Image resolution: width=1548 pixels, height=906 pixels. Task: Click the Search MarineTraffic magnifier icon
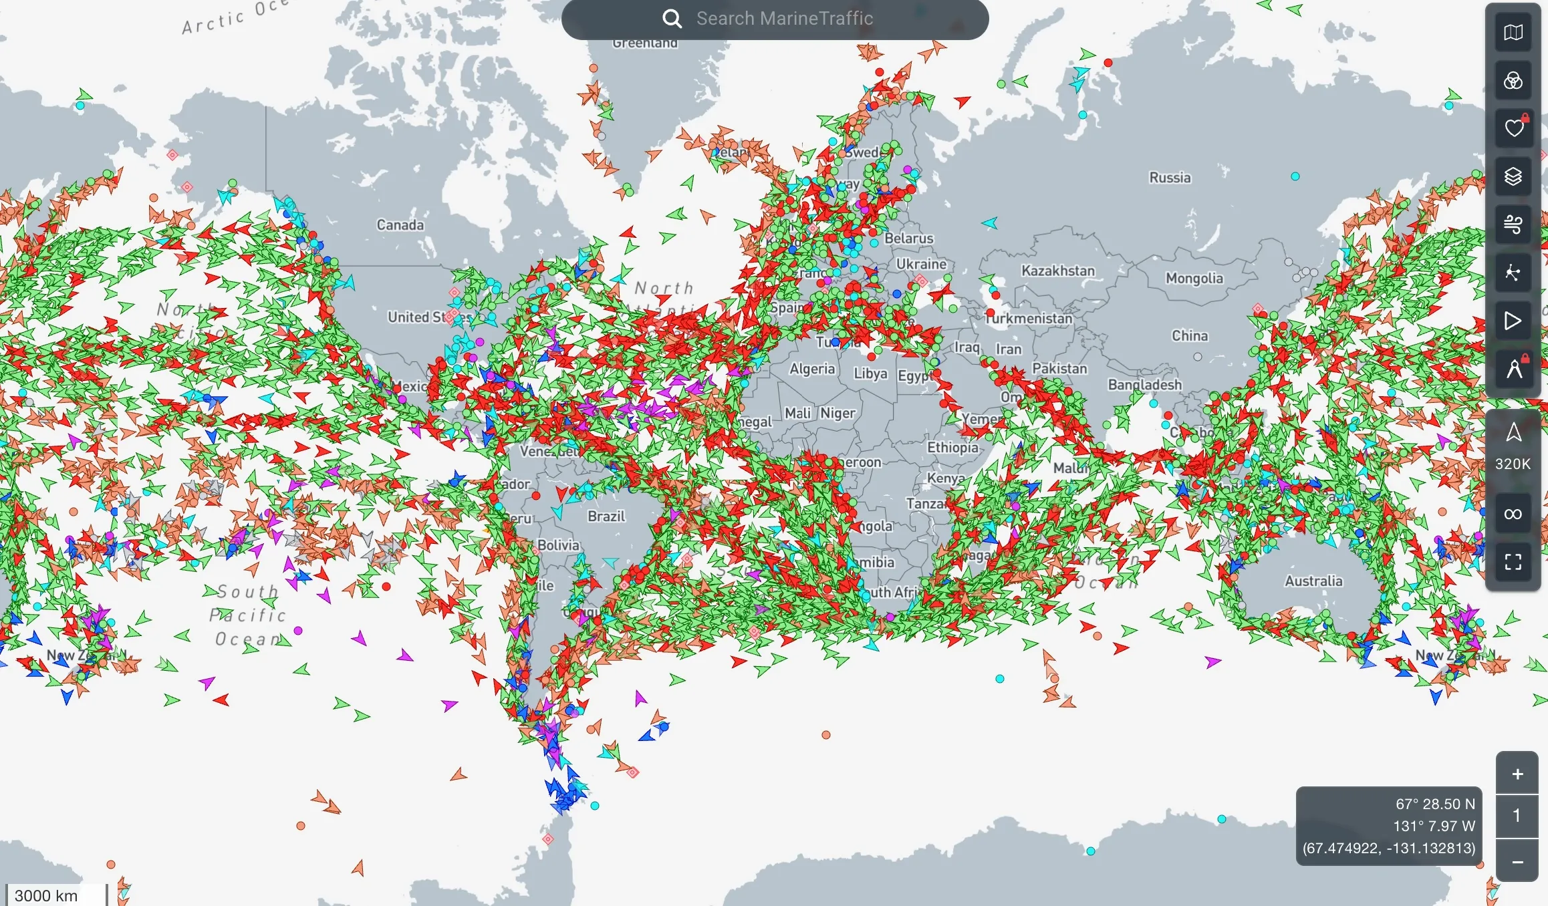pyautogui.click(x=672, y=19)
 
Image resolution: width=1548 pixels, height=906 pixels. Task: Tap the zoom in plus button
pyautogui.click(x=1517, y=774)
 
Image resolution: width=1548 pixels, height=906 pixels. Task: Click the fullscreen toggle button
pyautogui.click(x=1513, y=562)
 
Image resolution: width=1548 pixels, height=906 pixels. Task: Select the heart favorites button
pyautogui.click(x=1513, y=128)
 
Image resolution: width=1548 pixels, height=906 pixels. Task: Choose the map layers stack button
pyautogui.click(x=1513, y=176)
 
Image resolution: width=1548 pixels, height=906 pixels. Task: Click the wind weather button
pyautogui.click(x=1513, y=224)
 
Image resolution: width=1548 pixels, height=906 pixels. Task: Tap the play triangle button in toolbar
pyautogui.click(x=1513, y=321)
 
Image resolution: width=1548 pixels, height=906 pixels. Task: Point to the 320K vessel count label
pyautogui.click(x=1513, y=464)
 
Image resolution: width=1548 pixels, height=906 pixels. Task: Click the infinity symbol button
pyautogui.click(x=1513, y=514)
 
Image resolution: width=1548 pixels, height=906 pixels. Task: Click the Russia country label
pyautogui.click(x=1170, y=178)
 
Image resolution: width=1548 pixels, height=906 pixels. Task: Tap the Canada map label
pyautogui.click(x=400, y=225)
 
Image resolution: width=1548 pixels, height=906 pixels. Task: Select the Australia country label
pyautogui.click(x=1313, y=581)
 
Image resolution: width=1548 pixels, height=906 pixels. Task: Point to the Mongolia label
pyautogui.click(x=1194, y=279)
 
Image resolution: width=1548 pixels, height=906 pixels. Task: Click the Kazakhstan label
pyautogui.click(x=1058, y=271)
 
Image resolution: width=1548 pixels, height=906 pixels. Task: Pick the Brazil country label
pyautogui.click(x=606, y=516)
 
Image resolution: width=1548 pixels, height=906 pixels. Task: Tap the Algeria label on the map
pyautogui.click(x=812, y=369)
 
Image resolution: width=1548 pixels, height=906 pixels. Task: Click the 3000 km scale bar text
pyautogui.click(x=46, y=895)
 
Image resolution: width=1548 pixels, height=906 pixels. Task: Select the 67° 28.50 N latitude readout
pyautogui.click(x=1434, y=804)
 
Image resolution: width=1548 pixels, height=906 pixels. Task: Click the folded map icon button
pyautogui.click(x=1513, y=32)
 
